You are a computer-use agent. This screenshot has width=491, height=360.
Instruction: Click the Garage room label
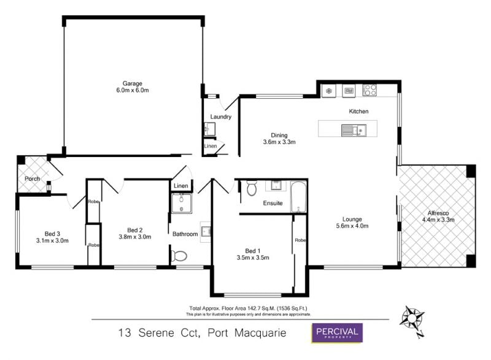(x=133, y=83)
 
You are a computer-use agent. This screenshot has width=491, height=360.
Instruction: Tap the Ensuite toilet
(x=252, y=188)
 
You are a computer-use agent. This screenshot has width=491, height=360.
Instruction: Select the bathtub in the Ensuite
(x=298, y=197)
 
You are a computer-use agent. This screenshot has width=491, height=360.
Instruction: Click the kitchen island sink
(x=354, y=130)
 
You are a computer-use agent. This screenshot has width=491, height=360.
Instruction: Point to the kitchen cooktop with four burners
(x=370, y=90)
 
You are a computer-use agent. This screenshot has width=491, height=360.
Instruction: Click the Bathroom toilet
(x=179, y=256)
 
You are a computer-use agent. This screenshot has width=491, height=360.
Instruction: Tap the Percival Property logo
(x=337, y=333)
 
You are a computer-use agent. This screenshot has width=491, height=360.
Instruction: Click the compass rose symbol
(x=412, y=320)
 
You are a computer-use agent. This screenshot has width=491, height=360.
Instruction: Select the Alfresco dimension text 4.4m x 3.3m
(x=438, y=220)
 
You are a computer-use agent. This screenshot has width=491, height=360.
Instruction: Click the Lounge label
(x=352, y=220)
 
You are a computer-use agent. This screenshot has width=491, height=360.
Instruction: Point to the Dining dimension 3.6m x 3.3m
(x=279, y=142)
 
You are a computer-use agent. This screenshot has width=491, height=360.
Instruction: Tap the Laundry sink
(x=210, y=129)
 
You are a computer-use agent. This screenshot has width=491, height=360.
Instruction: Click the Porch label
(x=33, y=178)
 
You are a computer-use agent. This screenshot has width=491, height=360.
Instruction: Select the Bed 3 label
(x=52, y=234)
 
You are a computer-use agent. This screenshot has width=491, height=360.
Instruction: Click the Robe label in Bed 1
(x=300, y=240)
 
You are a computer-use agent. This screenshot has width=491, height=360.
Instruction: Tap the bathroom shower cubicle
(x=182, y=203)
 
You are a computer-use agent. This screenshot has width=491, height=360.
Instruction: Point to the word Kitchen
(x=358, y=112)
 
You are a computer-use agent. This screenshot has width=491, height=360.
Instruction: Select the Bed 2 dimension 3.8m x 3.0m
(x=135, y=237)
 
